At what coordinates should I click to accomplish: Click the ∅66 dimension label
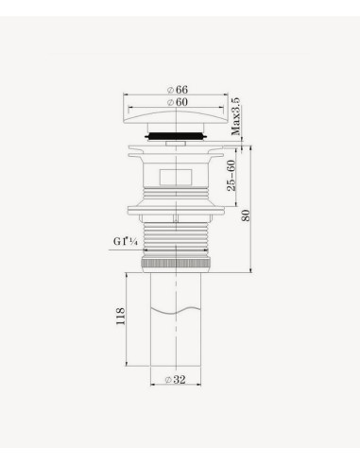[x=178, y=90]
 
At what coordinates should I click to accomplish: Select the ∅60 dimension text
[x=178, y=102]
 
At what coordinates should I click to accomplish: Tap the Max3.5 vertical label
[x=236, y=116]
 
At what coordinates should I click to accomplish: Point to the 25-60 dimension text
[x=231, y=176]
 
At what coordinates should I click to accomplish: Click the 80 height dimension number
[x=246, y=215]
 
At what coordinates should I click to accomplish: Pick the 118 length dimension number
[x=121, y=317]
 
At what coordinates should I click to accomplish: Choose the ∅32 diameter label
[x=176, y=380]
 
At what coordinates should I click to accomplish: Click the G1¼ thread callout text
[x=126, y=242]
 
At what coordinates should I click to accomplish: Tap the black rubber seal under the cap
[x=176, y=136]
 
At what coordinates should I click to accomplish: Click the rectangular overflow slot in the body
[x=176, y=177]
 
